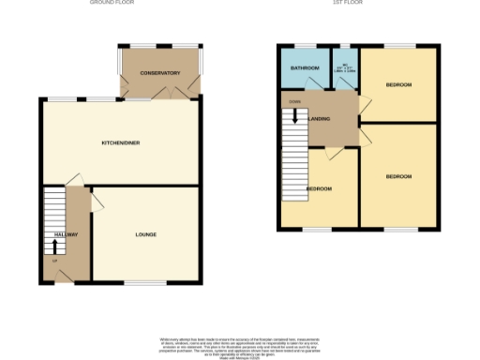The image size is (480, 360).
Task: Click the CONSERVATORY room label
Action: (x=160, y=73)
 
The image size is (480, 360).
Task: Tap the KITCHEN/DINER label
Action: (x=120, y=142)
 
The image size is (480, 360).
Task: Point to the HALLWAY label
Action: (x=65, y=234)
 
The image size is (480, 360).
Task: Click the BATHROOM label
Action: (x=304, y=68)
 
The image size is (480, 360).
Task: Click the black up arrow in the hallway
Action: (x=53, y=246)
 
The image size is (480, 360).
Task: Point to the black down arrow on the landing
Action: (x=295, y=116)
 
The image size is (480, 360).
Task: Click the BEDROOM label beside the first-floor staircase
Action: (x=320, y=189)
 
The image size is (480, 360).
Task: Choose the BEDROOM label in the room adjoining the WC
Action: (x=398, y=85)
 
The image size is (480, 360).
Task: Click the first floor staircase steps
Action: (x=294, y=159)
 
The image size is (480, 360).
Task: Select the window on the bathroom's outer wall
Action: (x=304, y=45)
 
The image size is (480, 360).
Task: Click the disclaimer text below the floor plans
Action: (x=240, y=344)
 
